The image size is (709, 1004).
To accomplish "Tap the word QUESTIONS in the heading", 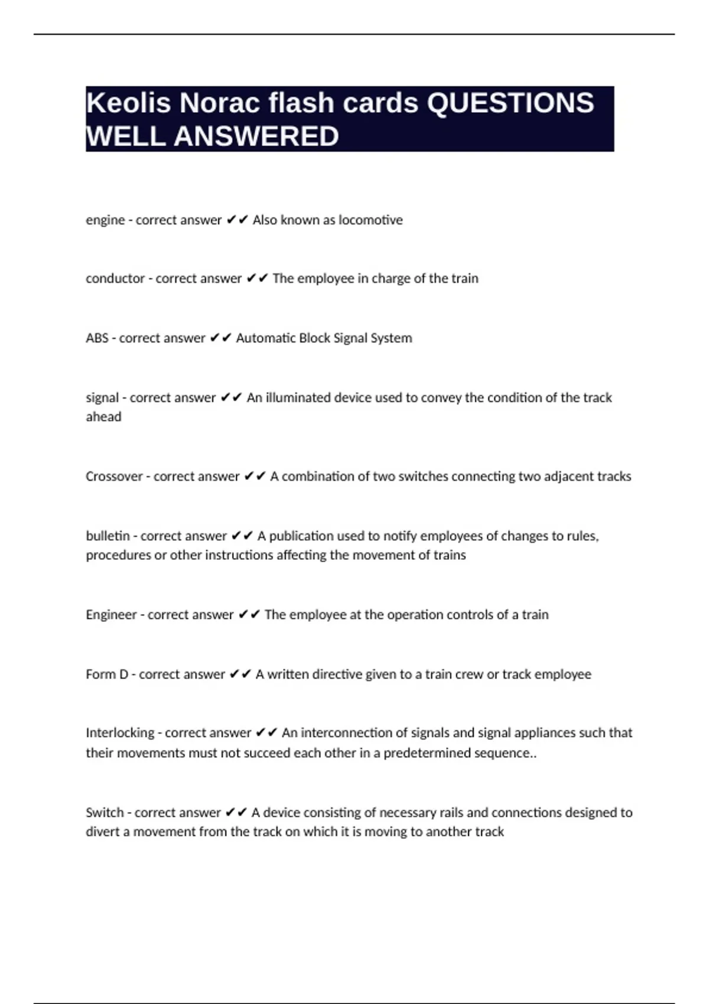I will (x=510, y=103).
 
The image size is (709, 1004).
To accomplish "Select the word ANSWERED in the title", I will (x=256, y=136).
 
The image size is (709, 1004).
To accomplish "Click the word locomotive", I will (x=370, y=220).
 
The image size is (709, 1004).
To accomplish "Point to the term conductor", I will (x=115, y=278).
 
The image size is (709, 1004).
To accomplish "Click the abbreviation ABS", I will (x=97, y=338).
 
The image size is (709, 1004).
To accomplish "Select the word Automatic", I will (x=265, y=338).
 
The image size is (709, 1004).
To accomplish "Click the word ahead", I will (x=103, y=417).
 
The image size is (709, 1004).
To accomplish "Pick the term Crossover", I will (x=114, y=476).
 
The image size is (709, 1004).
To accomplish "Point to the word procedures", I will (x=118, y=555).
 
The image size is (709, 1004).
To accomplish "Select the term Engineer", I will (x=111, y=615).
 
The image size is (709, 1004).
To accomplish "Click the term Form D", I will (x=107, y=674).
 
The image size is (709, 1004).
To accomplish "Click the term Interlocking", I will (x=121, y=733).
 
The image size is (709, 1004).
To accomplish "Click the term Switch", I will (x=105, y=813).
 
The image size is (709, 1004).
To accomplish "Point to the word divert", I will (x=102, y=832).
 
